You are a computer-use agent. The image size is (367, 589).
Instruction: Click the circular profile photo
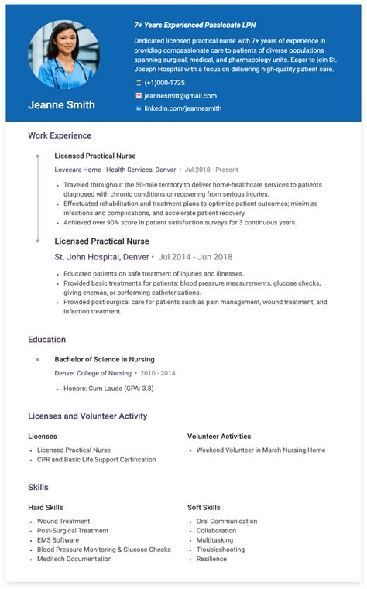pyautogui.click(x=63, y=54)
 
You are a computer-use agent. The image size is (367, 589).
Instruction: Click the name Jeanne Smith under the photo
pyautogui.click(x=61, y=104)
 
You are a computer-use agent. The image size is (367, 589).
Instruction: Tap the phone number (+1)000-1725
pyautogui.click(x=164, y=83)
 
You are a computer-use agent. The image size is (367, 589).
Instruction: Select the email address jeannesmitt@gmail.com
pyautogui.click(x=180, y=96)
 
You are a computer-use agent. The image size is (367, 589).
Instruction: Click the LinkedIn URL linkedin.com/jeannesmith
pyautogui.click(x=183, y=108)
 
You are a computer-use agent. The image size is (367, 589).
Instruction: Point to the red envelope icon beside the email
pyautogui.click(x=139, y=96)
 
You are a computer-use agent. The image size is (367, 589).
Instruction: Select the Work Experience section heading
pyautogui.click(x=60, y=135)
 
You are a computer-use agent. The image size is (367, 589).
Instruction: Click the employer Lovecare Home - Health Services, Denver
pyautogui.click(x=115, y=169)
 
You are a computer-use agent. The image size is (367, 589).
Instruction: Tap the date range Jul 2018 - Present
pyautogui.click(x=211, y=169)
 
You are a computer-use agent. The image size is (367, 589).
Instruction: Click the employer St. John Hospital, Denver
pyautogui.click(x=101, y=257)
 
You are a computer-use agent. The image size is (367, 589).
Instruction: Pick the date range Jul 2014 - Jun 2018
pyautogui.click(x=196, y=257)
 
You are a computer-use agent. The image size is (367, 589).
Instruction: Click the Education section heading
pyautogui.click(x=46, y=340)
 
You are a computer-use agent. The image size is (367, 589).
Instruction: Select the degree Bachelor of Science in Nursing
pyautogui.click(x=104, y=359)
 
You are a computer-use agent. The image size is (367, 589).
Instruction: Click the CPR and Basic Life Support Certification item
pyautogui.click(x=96, y=460)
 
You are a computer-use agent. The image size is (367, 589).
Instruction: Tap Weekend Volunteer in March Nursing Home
pyautogui.click(x=260, y=450)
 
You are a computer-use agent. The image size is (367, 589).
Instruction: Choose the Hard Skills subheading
pyautogui.click(x=46, y=508)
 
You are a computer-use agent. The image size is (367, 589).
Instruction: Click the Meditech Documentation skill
pyautogui.click(x=74, y=559)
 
